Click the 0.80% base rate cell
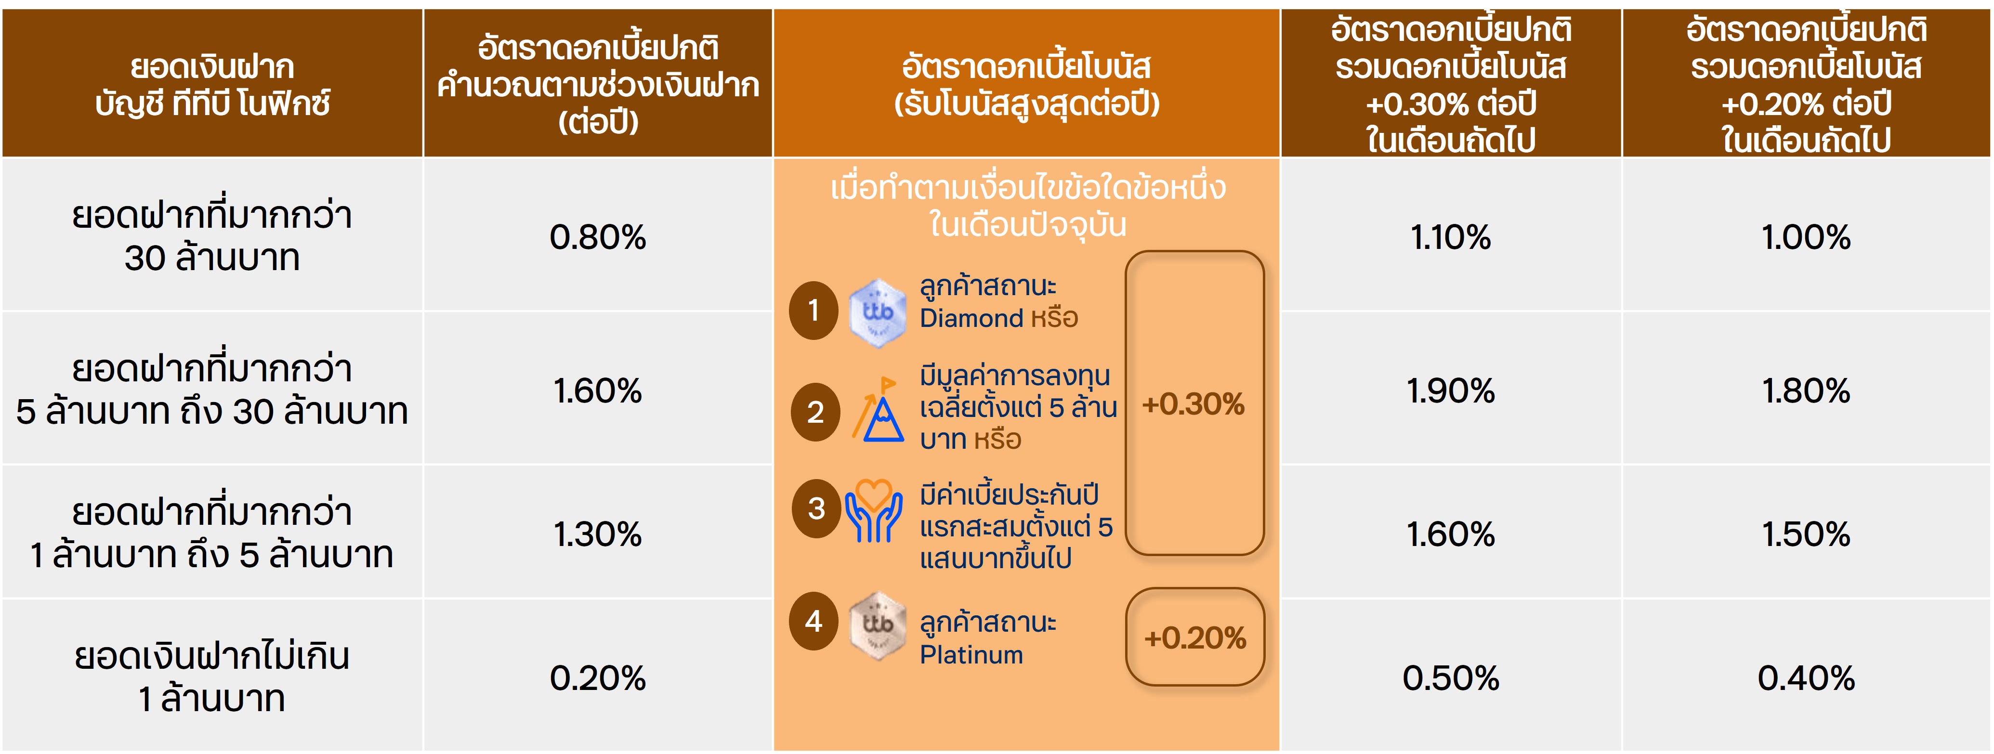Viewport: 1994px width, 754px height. pos(598,237)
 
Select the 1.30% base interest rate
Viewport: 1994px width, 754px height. pos(598,534)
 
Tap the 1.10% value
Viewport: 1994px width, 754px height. pos(1451,237)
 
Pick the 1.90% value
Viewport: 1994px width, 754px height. pos(1451,391)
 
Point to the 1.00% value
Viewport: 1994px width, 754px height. pos(1806,237)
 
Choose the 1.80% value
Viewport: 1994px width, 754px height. pos(1806,391)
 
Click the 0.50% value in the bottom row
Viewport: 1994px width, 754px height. pos(1451,678)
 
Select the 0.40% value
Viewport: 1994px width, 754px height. pos(1806,678)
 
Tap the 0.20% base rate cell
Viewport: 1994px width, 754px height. pos(598,678)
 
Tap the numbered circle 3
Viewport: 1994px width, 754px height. pos(816,508)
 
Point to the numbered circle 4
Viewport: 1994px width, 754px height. pos(813,621)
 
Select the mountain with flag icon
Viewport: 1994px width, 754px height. pos(878,410)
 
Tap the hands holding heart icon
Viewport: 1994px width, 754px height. pos(873,511)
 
